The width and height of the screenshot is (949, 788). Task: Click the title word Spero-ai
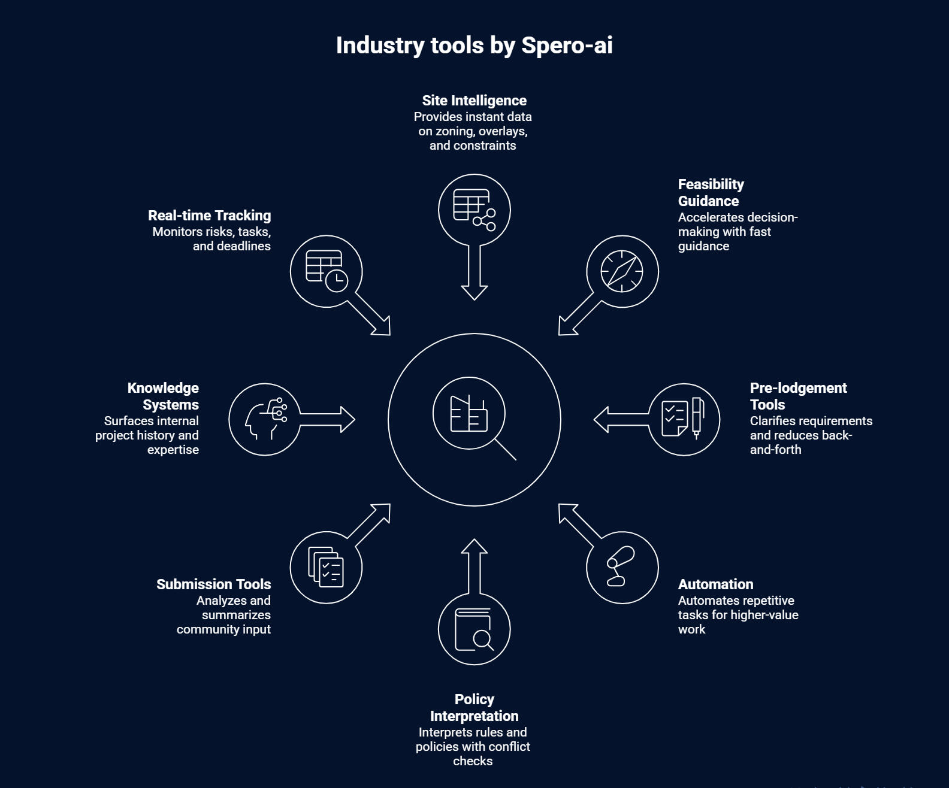567,46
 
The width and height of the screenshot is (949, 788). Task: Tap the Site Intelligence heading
474,101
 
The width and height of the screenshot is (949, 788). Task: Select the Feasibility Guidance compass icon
622,271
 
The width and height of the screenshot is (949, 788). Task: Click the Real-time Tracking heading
209,216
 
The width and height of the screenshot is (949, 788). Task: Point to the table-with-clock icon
327,271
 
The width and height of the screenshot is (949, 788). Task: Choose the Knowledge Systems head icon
265,419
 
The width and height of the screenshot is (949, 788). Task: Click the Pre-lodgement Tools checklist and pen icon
684,419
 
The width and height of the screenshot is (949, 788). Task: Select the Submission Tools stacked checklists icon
326,567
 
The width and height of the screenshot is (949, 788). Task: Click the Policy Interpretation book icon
474,629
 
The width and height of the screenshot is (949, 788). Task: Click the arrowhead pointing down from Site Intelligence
474,292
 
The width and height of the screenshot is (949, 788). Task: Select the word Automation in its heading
715,584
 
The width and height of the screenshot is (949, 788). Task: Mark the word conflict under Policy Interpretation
508,747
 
